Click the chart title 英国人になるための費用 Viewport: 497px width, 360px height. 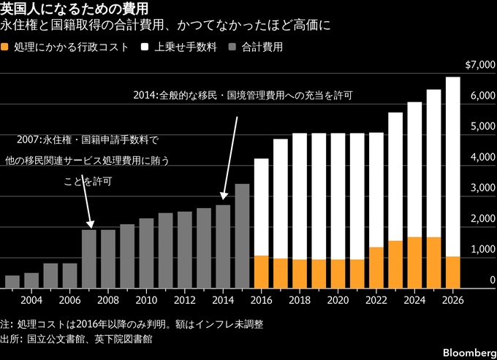click(x=74, y=9)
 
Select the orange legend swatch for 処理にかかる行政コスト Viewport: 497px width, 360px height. click(x=4, y=47)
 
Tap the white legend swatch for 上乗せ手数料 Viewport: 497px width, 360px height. click(x=145, y=47)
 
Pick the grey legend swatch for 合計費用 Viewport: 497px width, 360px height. click(x=232, y=47)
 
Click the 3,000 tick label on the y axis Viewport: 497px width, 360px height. click(x=482, y=188)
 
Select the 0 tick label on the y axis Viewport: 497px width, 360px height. click(x=492, y=280)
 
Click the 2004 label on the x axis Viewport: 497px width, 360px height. click(x=31, y=300)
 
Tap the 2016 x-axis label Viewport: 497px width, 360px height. click(x=261, y=300)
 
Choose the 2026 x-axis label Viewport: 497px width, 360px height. click(x=452, y=300)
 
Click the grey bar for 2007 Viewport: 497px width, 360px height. click(x=89, y=259)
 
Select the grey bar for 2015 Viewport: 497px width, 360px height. click(x=242, y=236)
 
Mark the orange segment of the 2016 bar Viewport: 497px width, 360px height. click(x=261, y=272)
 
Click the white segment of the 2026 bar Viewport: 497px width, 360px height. click(x=452, y=167)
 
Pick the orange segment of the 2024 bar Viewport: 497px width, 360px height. click(x=414, y=263)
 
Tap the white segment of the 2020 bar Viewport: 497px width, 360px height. click(x=338, y=196)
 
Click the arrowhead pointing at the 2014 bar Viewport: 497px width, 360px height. click(x=224, y=196)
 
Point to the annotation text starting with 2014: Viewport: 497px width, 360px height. click(x=243, y=96)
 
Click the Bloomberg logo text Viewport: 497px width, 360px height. click(x=470, y=353)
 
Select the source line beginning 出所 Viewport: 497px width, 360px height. click(x=76, y=339)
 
